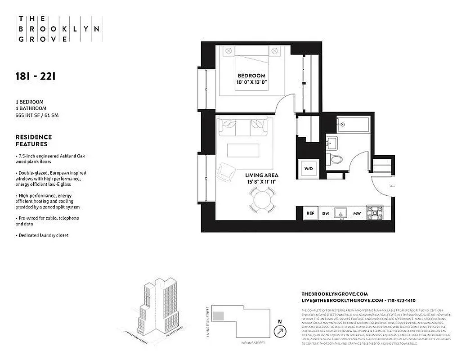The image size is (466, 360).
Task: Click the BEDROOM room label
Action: click(251, 76)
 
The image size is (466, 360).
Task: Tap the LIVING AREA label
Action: click(262, 175)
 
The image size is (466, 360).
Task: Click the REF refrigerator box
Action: click(310, 213)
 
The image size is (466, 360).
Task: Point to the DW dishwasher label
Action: click(326, 214)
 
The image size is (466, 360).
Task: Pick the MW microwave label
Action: click(357, 214)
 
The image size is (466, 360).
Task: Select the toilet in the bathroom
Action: click(335, 159)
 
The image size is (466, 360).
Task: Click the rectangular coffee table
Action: click(242, 149)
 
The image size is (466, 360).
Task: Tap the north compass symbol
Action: click(281, 331)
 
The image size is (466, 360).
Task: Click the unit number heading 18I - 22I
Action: click(35, 76)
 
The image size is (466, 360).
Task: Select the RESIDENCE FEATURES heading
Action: click(34, 140)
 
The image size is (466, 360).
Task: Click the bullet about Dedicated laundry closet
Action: click(43, 235)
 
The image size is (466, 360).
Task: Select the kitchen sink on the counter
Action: click(341, 213)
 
